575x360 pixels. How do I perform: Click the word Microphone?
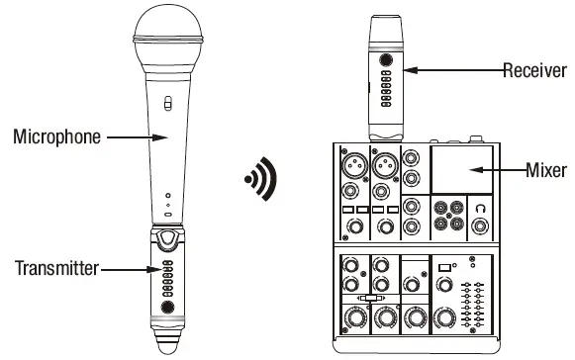56,136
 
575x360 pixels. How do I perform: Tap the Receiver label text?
534,69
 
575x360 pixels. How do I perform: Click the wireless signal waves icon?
263,181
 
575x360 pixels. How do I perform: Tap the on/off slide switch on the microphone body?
168,102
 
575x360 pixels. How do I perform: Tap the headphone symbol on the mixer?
479,209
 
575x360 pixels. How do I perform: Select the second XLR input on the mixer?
383,162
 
